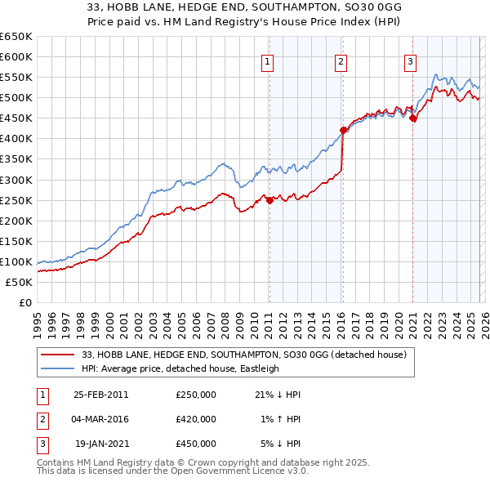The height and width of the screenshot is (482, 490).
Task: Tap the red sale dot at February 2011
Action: click(x=269, y=200)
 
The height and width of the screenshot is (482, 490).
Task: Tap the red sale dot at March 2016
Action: click(x=343, y=130)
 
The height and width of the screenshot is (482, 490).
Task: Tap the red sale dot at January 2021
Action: click(x=413, y=118)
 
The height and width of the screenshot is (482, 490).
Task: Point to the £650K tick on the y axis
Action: click(x=16, y=37)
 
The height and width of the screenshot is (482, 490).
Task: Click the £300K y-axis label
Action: click(x=16, y=180)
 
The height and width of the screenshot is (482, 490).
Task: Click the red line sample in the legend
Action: click(x=57, y=355)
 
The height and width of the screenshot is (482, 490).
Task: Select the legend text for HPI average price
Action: click(x=180, y=368)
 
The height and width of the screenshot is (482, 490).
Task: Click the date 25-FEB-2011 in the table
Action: click(x=100, y=395)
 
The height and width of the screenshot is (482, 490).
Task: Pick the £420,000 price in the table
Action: click(x=196, y=419)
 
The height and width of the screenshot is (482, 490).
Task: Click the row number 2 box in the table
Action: click(x=40, y=419)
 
